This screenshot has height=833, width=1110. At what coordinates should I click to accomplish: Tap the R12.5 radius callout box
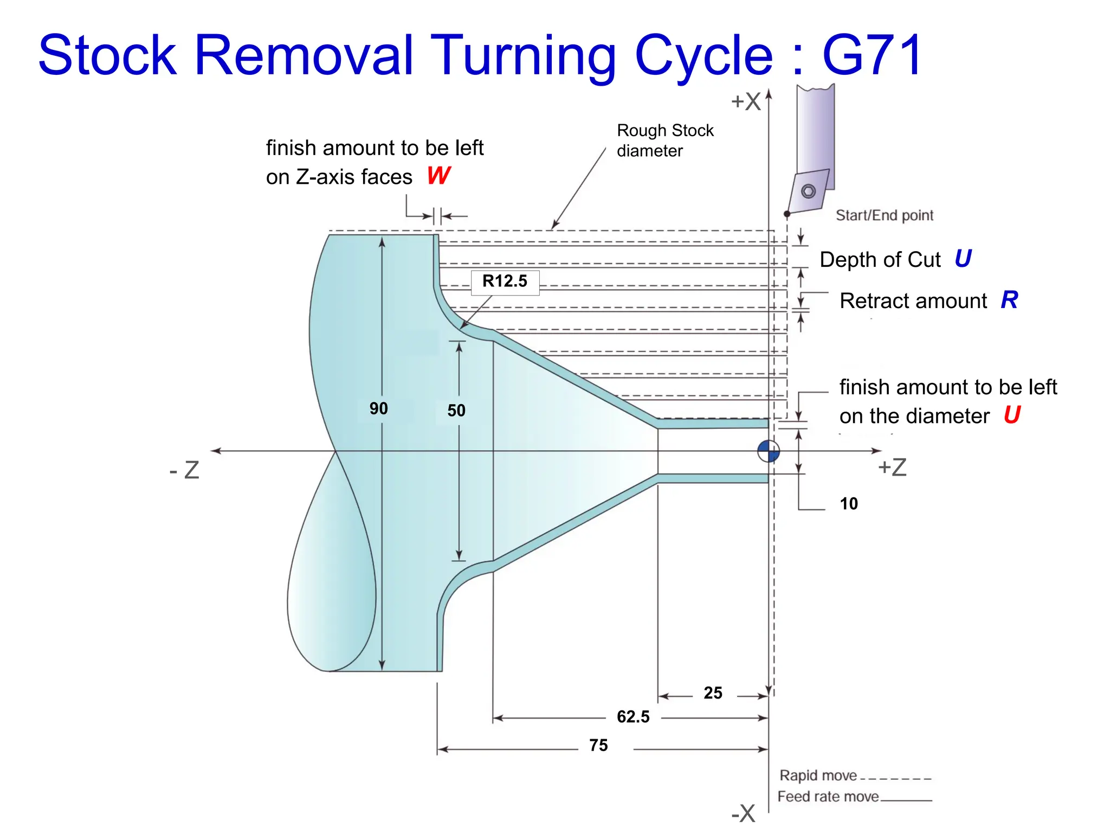(x=505, y=281)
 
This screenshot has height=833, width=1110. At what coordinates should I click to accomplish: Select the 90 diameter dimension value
(x=378, y=408)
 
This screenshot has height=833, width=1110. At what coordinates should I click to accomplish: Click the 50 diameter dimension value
(x=456, y=411)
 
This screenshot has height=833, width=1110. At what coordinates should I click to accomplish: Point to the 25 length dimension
(x=713, y=693)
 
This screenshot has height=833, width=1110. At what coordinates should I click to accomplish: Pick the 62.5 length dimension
(x=633, y=717)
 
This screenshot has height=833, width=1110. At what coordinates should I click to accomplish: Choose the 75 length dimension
(x=598, y=746)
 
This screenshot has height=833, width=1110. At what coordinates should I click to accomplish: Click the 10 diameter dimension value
(x=848, y=504)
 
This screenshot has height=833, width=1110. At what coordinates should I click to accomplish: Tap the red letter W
(x=438, y=176)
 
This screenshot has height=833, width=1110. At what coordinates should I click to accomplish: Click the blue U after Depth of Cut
(x=963, y=259)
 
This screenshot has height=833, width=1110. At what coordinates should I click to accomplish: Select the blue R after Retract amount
(x=1009, y=300)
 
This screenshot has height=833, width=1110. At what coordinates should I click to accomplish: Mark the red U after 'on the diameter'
(x=1012, y=415)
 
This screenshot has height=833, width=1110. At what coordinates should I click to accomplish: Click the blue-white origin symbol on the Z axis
(x=769, y=451)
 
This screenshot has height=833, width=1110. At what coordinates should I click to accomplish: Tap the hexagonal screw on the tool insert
(x=808, y=191)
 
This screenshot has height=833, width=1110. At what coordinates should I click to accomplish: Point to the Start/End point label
(x=884, y=216)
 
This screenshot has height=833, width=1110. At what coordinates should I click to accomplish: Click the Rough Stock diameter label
(x=664, y=140)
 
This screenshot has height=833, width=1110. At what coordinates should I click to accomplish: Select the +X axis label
(x=746, y=101)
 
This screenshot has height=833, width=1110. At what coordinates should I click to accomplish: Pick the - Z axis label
(x=185, y=470)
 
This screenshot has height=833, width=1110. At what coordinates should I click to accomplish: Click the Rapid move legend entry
(x=818, y=776)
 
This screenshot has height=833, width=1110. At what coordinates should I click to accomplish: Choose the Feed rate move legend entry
(x=828, y=797)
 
